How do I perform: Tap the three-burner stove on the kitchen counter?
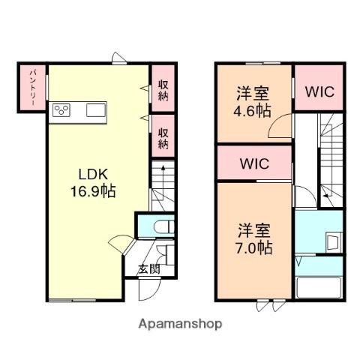click(x=62, y=111)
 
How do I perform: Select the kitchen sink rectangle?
click(x=96, y=111)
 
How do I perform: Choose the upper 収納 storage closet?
click(x=163, y=90)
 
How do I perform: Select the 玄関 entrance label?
click(x=148, y=269)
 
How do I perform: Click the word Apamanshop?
click(x=179, y=324)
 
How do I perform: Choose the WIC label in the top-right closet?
click(x=319, y=91)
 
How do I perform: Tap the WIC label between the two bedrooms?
click(x=254, y=163)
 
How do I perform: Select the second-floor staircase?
click(x=330, y=161)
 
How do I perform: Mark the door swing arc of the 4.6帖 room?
click(x=280, y=129)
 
